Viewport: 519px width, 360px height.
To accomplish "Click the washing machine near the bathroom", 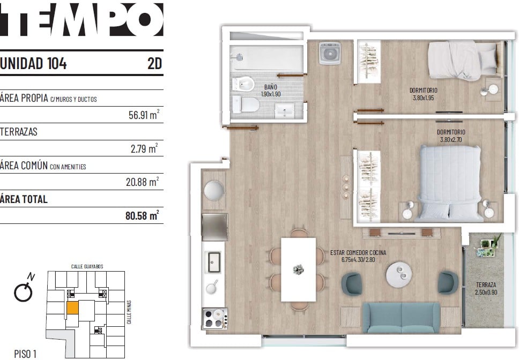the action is (x=330, y=53).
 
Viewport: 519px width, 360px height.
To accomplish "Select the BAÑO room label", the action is (x=270, y=87).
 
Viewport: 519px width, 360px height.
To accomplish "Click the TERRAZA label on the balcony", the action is (x=486, y=284).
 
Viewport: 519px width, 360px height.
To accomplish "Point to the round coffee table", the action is (x=399, y=275).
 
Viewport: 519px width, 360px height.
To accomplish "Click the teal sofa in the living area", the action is (x=402, y=317).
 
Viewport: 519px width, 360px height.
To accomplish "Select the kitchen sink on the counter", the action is (x=214, y=262).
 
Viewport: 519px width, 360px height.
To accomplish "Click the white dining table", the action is (x=298, y=269).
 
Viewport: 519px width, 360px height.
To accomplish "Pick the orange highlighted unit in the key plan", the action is (x=73, y=308).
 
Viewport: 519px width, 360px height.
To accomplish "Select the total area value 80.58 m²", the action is (x=142, y=215).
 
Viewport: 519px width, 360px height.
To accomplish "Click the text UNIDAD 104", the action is (x=33, y=63).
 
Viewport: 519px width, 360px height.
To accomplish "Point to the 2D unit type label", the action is (x=154, y=63).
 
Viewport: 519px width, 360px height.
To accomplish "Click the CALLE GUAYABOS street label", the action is (x=87, y=266).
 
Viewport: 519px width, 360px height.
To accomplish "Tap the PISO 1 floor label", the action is (x=25, y=354).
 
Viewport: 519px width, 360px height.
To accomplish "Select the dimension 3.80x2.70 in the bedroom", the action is (x=451, y=139).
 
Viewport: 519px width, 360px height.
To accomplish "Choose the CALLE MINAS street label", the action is (x=129, y=312).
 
